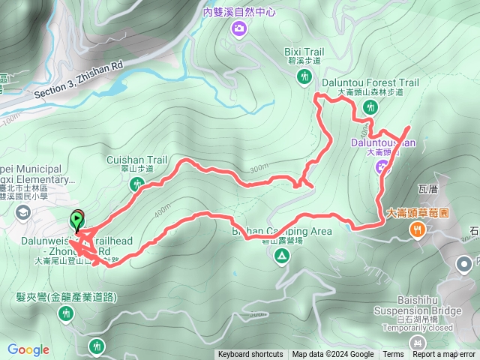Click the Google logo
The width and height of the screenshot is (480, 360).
(28, 349)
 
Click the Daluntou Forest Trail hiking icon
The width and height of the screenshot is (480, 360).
(369, 108)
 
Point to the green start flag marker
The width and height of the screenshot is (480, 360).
(77, 220)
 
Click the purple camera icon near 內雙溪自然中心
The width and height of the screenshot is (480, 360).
(239, 28)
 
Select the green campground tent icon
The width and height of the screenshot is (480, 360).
(282, 257)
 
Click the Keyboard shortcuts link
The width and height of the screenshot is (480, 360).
(250, 355)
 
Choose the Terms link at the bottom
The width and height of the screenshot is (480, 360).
(393, 355)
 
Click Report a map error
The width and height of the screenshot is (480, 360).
(445, 355)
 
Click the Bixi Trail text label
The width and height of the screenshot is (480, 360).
(303, 52)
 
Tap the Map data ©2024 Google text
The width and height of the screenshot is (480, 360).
(333, 355)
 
